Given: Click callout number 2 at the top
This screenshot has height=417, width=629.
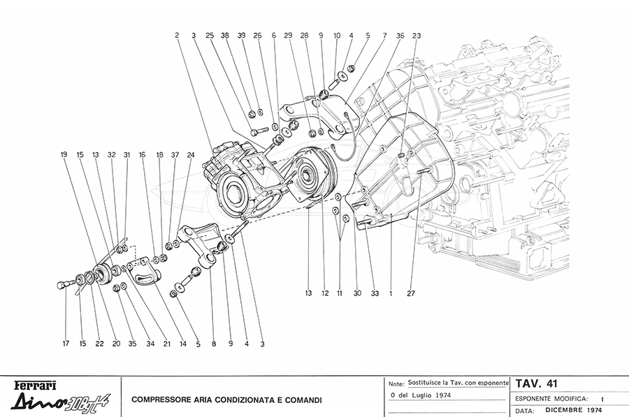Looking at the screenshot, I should click(x=178, y=35).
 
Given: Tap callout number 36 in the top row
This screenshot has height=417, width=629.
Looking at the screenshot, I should click(x=400, y=35).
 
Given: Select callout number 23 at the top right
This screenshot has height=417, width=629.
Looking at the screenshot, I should click(x=417, y=35).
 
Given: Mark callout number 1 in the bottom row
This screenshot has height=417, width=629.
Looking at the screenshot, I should click(x=390, y=295).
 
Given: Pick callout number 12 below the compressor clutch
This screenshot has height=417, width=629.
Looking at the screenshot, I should click(x=325, y=295).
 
